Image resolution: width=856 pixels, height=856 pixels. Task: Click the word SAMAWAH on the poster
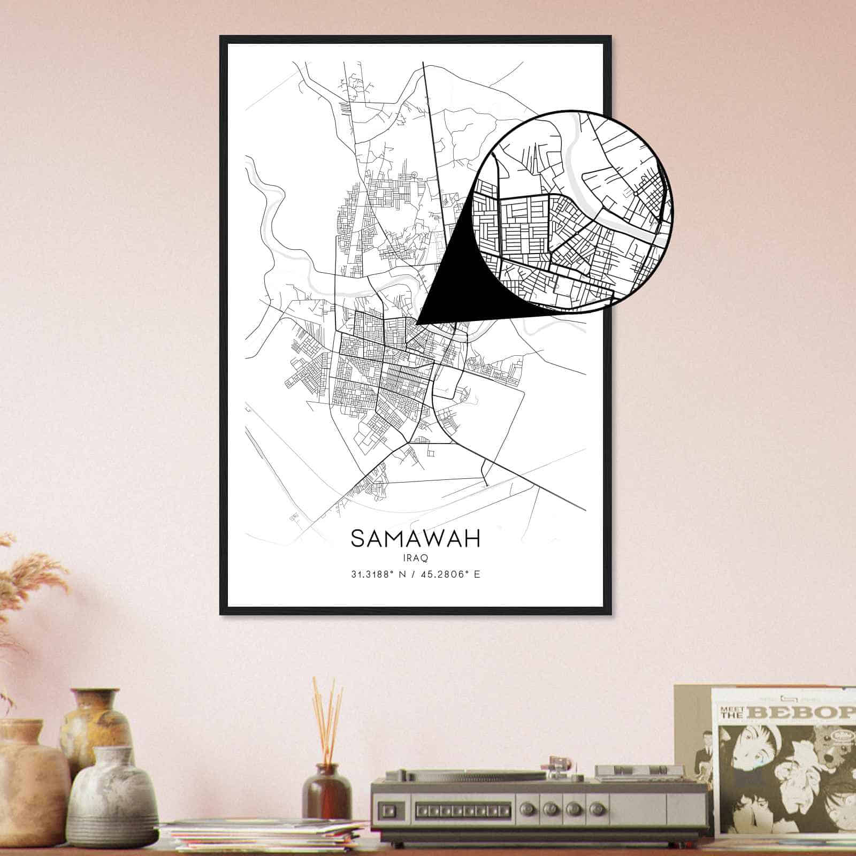[415, 538]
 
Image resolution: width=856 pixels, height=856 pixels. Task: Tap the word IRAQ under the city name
[415, 557]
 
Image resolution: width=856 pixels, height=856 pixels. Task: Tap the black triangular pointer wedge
[449, 289]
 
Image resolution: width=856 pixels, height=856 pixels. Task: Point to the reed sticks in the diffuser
[327, 717]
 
